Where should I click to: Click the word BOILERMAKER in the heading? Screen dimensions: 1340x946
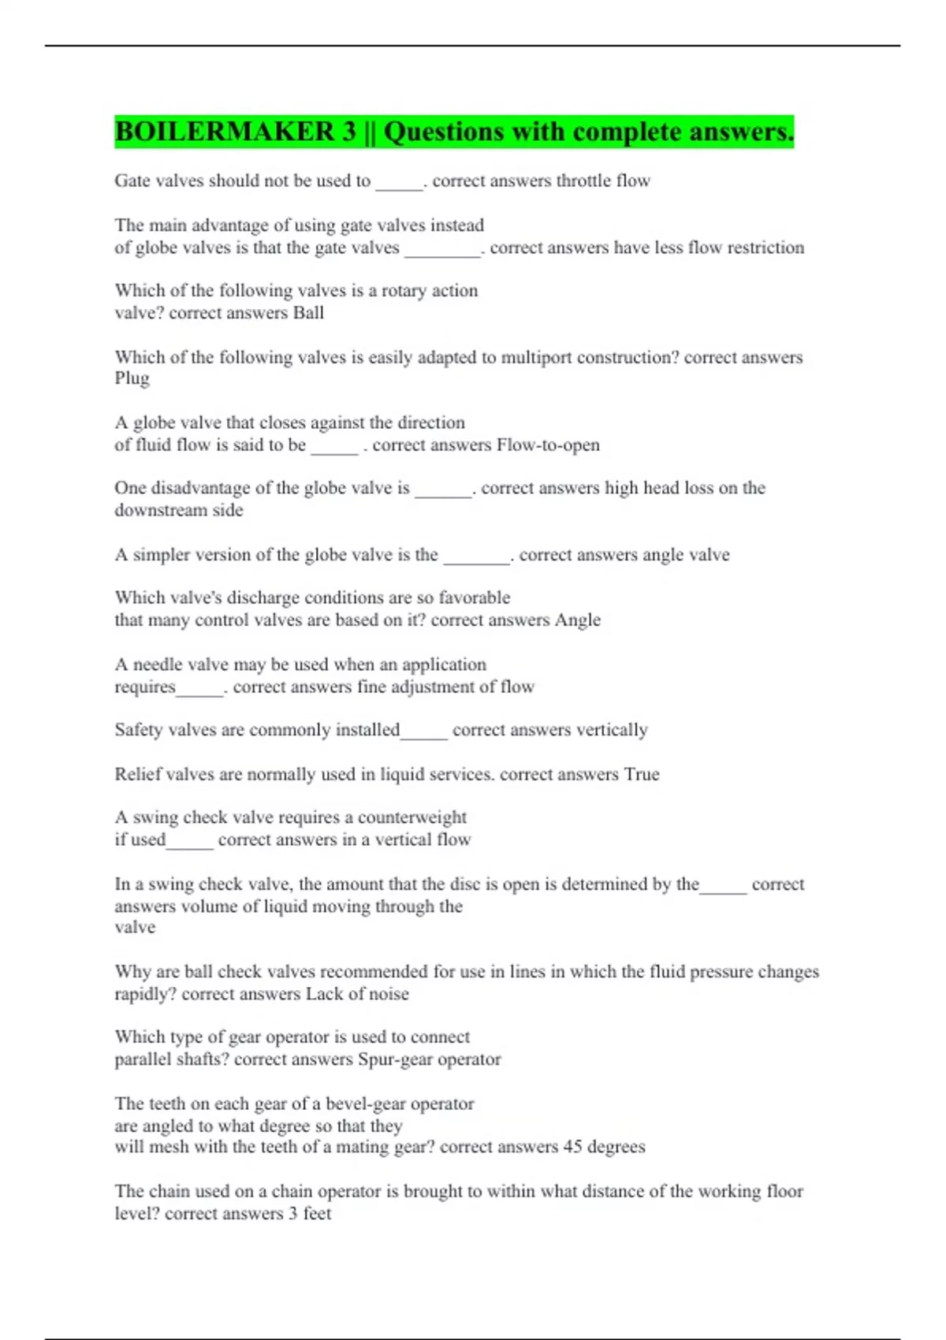[x=225, y=132]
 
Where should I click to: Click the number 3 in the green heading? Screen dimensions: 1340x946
[x=349, y=132]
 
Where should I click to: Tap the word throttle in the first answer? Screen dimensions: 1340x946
[x=583, y=181]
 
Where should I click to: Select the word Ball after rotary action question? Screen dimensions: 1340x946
[x=308, y=313]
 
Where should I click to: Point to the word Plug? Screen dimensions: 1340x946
[x=132, y=378]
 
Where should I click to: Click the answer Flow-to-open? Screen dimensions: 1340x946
[x=548, y=445]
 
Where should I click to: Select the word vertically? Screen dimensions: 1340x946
[x=612, y=730]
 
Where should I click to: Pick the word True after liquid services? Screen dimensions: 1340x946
[x=642, y=774]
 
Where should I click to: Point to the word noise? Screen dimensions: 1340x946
[x=388, y=994]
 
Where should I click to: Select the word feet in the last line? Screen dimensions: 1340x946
[x=317, y=1213]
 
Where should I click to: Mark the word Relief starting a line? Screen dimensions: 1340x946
[x=137, y=774]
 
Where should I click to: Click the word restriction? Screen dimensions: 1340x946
[x=765, y=248]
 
